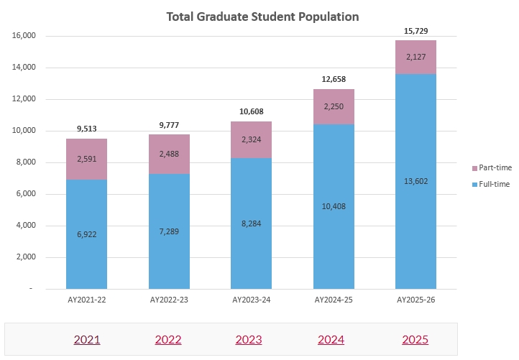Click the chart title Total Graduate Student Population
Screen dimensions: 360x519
262,16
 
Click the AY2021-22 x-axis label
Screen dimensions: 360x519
87,299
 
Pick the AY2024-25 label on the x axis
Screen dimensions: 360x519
334,299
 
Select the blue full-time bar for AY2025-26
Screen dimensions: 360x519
415,216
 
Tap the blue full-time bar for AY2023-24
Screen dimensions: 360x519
251,244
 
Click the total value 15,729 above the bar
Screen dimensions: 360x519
415,31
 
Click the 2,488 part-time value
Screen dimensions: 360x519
169,154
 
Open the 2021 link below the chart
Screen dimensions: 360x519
87,339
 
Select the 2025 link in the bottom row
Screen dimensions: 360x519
415,339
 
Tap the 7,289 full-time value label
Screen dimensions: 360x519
169,232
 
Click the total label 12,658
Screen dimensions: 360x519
334,80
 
